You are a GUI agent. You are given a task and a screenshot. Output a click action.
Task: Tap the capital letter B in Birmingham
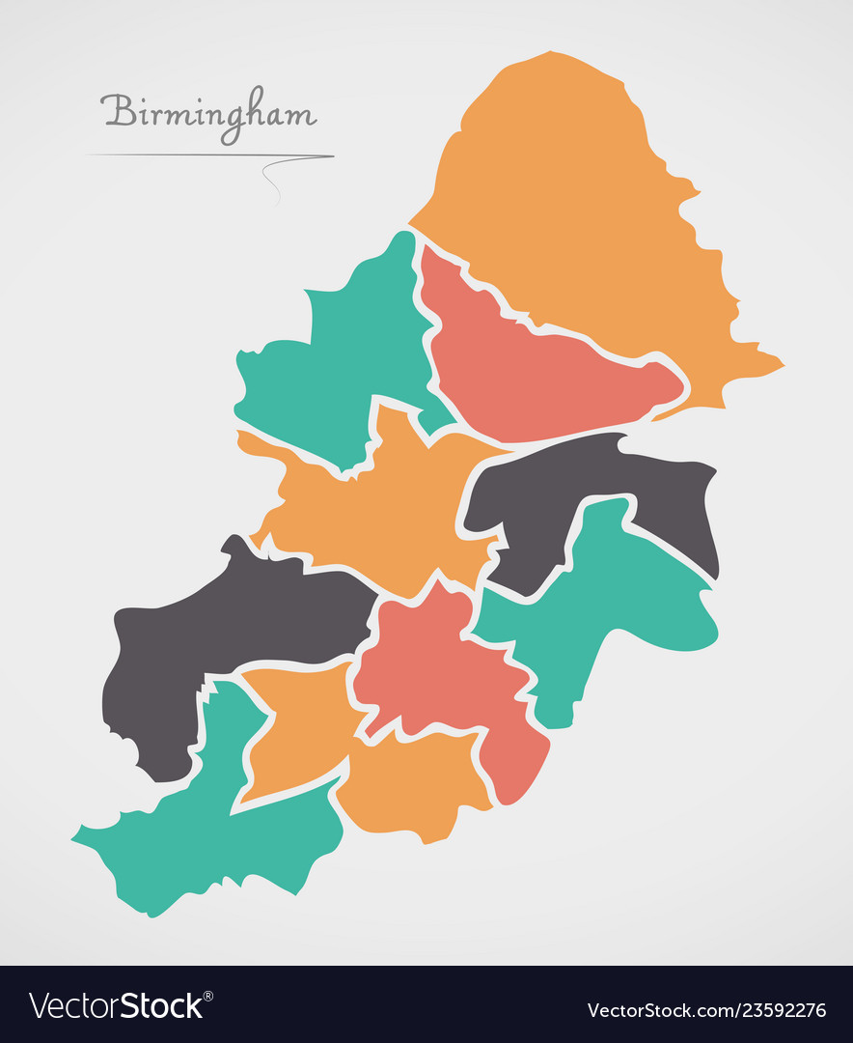118,110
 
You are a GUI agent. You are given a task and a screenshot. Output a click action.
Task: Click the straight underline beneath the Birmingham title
193,155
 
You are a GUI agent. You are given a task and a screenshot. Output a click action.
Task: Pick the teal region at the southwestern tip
212,831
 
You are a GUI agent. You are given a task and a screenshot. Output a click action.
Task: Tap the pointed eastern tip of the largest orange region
778,366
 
